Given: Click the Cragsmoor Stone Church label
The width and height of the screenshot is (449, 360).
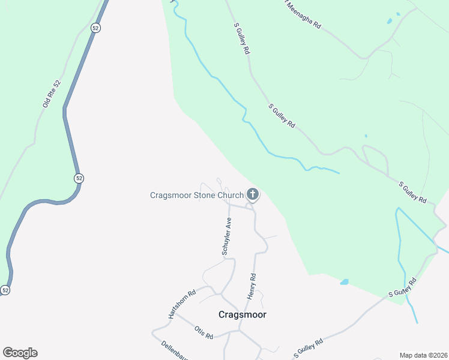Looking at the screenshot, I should tap(196, 195).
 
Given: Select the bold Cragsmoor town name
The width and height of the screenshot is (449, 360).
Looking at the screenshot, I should tap(242, 314).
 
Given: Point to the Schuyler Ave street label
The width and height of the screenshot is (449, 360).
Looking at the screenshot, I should tap(227, 237).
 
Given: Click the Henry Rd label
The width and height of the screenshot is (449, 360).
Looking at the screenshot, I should tap(252, 287).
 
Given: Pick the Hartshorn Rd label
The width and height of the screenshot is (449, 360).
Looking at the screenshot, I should tap(182, 305).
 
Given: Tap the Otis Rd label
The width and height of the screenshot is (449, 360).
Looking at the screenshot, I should tap(204, 332).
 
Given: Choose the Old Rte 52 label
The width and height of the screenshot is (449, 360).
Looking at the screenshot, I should tap(52, 94).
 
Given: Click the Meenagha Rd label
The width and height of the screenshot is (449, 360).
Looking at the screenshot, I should tap(304, 14).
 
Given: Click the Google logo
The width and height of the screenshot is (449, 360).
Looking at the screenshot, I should tap(20, 353).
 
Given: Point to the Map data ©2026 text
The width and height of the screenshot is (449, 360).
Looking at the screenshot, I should tap(424, 355).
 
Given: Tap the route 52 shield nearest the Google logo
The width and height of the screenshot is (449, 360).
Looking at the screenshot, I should tap(5, 290).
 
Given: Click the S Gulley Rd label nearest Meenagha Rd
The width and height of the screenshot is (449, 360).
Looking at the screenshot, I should tap(242, 40).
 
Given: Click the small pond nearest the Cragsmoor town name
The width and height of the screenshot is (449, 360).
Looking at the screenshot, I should tap(344, 281).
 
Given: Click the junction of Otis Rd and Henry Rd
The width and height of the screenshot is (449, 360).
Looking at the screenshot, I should tap(240, 330).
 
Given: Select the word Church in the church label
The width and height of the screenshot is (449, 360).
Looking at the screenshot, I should tap(231, 195).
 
